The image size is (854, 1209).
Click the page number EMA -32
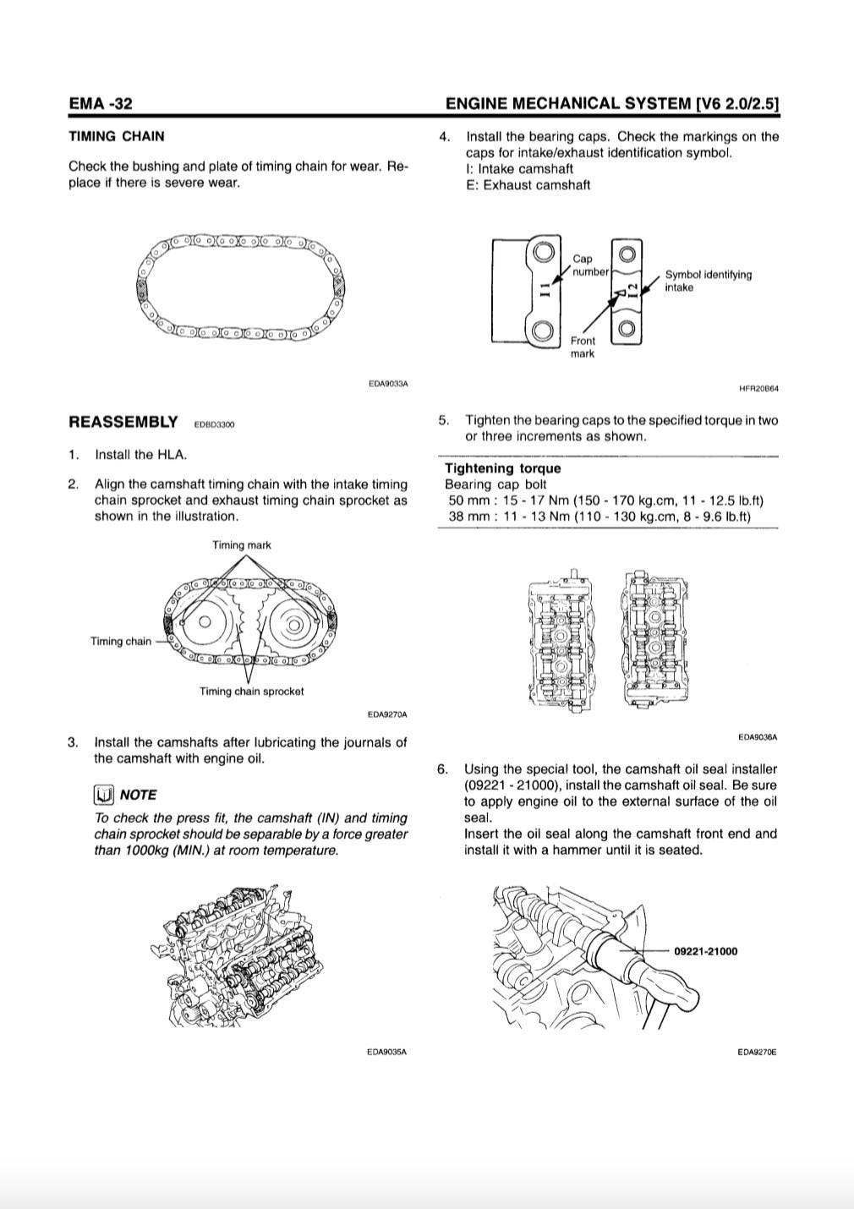pos(101,104)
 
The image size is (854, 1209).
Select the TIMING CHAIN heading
pos(117,136)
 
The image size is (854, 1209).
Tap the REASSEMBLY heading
pos(123,422)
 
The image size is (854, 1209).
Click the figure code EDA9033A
pos(388,384)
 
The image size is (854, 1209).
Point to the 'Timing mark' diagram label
pos(242,545)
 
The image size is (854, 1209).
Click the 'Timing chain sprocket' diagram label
pos(251,692)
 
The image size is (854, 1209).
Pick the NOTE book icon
pos(104,795)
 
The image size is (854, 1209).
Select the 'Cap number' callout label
pos(589,265)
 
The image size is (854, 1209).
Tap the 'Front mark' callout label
pos(583,347)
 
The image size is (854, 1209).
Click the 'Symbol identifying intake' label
pos(708,281)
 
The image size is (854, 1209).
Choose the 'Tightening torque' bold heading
pos(502,468)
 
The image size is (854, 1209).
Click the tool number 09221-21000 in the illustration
pos(705,951)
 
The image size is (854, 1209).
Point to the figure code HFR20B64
pos(758,389)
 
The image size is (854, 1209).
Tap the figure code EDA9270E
pos(757,1053)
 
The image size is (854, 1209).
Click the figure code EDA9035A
pos(387,1053)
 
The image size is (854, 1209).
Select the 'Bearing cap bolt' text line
pos(495,484)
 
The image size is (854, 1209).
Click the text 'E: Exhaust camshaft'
pos(528,185)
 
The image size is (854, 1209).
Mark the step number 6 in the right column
pos(442,769)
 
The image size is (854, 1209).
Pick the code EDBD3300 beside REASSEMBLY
pos(214,424)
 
